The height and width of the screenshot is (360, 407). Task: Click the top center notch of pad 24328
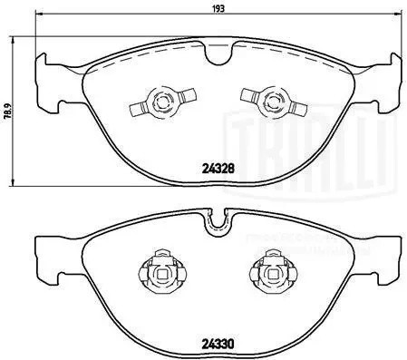coord(217,55)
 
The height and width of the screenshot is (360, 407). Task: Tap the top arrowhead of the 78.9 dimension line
coord(13,41)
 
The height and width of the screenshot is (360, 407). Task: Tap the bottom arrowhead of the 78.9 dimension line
coord(13,184)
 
